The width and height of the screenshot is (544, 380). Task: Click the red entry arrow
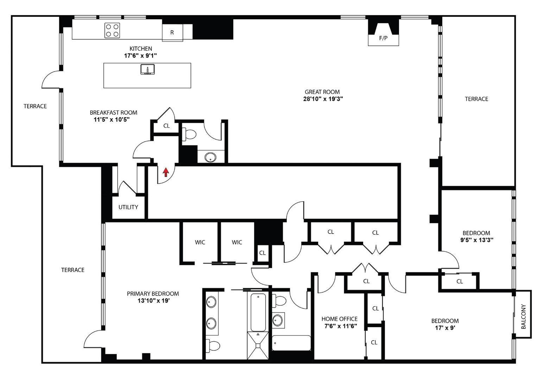pyautogui.click(x=166, y=172)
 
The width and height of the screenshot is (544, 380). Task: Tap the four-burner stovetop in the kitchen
pyautogui.click(x=112, y=30)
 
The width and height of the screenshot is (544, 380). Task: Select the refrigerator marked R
pyautogui.click(x=172, y=32)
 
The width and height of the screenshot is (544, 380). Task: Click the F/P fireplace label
pyautogui.click(x=383, y=38)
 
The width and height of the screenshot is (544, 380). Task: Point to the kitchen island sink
pyautogui.click(x=148, y=70)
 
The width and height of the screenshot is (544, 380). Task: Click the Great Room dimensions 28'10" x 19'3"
pyautogui.click(x=323, y=99)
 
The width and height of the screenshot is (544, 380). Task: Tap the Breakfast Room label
pyautogui.click(x=113, y=113)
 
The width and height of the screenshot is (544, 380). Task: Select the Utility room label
pyautogui.click(x=128, y=207)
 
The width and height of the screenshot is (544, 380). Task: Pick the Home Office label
pyautogui.click(x=339, y=319)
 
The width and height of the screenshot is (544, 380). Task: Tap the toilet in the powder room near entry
pyautogui.click(x=190, y=134)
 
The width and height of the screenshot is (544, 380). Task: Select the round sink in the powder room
pyautogui.click(x=210, y=157)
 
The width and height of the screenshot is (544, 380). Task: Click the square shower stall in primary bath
pyautogui.click(x=258, y=345)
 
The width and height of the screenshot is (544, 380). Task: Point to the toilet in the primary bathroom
pyautogui.click(x=213, y=346)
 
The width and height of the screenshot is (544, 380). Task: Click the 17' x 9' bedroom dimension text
pyautogui.click(x=445, y=328)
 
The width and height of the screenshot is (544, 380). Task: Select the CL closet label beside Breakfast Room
pyautogui.click(x=166, y=126)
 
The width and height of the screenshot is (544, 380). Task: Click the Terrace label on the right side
pyautogui.click(x=476, y=99)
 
